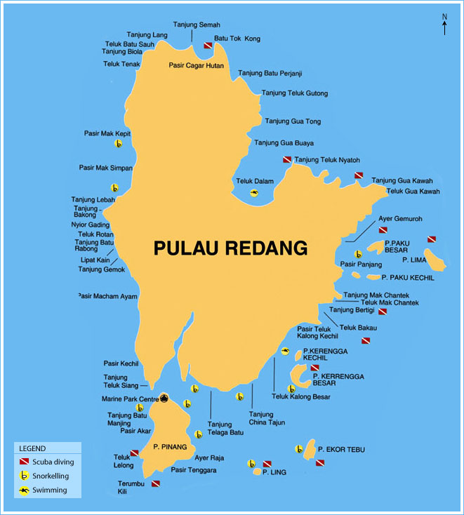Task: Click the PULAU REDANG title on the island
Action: (231, 248)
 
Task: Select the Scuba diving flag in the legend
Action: (25, 462)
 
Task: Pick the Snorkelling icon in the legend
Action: (25, 476)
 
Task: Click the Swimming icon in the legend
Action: (25, 490)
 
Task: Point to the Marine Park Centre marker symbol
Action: (164, 399)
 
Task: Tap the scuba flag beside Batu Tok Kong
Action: (208, 45)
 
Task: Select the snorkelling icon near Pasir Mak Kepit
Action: (119, 144)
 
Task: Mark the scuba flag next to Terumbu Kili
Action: (156, 483)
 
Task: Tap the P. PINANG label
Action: (169, 446)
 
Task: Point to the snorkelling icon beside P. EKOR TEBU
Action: (300, 449)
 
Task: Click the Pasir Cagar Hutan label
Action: (196, 65)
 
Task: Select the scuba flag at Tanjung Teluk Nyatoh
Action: (287, 160)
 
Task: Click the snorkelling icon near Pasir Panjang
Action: (358, 255)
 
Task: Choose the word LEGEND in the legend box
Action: (32, 448)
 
